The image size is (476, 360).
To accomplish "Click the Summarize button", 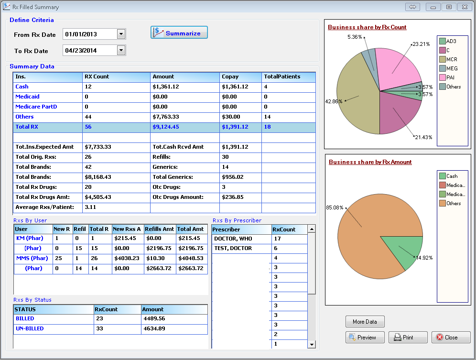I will click(179, 33).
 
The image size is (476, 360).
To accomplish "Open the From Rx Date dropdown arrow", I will click(121, 34).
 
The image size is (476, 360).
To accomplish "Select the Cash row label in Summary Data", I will click(22, 87).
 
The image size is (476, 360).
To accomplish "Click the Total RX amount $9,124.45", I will click(166, 127).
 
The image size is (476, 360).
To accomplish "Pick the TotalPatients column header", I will click(282, 76).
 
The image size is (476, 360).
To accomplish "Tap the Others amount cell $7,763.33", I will click(166, 117).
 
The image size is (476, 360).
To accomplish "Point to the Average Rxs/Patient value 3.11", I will click(91, 207).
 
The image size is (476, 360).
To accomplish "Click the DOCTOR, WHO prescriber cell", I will click(233, 239).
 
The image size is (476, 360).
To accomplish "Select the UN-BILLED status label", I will click(30, 328).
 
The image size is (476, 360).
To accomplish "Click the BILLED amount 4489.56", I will click(154, 318).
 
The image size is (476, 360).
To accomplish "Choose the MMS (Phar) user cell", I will click(32, 258).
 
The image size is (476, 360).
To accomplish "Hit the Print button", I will click(408, 338).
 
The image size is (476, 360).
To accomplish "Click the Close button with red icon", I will click(451, 338).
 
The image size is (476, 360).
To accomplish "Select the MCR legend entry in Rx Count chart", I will click(452, 59).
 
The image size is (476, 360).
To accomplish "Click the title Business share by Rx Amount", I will click(370, 162).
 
